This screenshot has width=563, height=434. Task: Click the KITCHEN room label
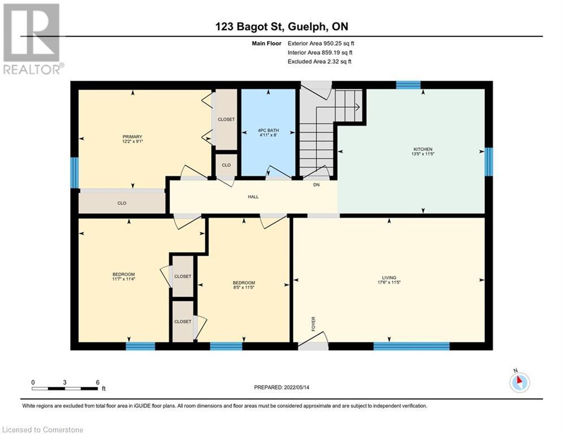(x=423, y=149)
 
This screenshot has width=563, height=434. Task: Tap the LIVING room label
(x=389, y=277)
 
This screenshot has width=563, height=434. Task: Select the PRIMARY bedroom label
(x=132, y=136)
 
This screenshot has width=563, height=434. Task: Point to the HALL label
(x=253, y=197)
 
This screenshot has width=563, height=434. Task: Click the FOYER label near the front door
(x=313, y=323)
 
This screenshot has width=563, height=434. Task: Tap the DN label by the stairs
(x=317, y=185)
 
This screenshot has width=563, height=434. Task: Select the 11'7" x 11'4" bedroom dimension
(x=124, y=279)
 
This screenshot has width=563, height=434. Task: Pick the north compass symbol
(x=519, y=383)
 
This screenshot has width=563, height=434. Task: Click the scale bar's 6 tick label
(x=98, y=382)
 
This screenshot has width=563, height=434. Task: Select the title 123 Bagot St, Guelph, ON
(x=281, y=26)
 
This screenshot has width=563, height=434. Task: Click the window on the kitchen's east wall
(x=488, y=161)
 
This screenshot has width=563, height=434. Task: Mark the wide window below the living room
(x=411, y=346)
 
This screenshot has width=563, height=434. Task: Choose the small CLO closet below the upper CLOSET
(x=226, y=166)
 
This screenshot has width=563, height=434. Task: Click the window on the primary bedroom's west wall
(x=74, y=172)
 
